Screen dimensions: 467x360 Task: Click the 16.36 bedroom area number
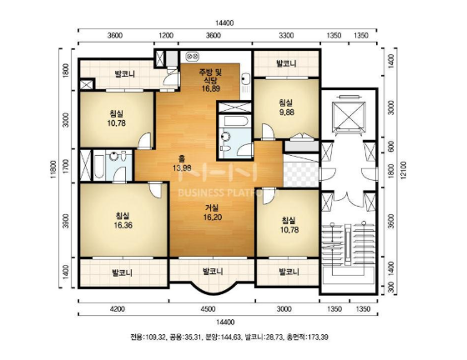[123, 225]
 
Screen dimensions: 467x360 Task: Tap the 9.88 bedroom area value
[286, 112]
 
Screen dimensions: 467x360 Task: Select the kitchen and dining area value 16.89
[210, 88]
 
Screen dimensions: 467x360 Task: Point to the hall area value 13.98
[182, 167]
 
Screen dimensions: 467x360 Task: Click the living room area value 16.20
[213, 217]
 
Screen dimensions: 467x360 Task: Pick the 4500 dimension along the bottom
[208, 309]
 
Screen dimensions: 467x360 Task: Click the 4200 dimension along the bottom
[118, 309]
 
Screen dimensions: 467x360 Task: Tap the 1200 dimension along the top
[166, 36]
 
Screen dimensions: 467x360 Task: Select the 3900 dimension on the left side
[66, 221]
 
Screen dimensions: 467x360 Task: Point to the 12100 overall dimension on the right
[404, 171]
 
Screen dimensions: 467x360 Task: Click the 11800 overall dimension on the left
[53, 169]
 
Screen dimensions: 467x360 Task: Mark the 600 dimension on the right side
[392, 147]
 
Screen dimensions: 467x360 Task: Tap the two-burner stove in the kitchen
[193, 56]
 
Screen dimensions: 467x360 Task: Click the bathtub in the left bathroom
[99, 166]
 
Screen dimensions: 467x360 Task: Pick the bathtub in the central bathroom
[234, 121]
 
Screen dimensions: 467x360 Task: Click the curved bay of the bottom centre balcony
[212, 289]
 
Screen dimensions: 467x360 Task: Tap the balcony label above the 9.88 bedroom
[286, 63]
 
